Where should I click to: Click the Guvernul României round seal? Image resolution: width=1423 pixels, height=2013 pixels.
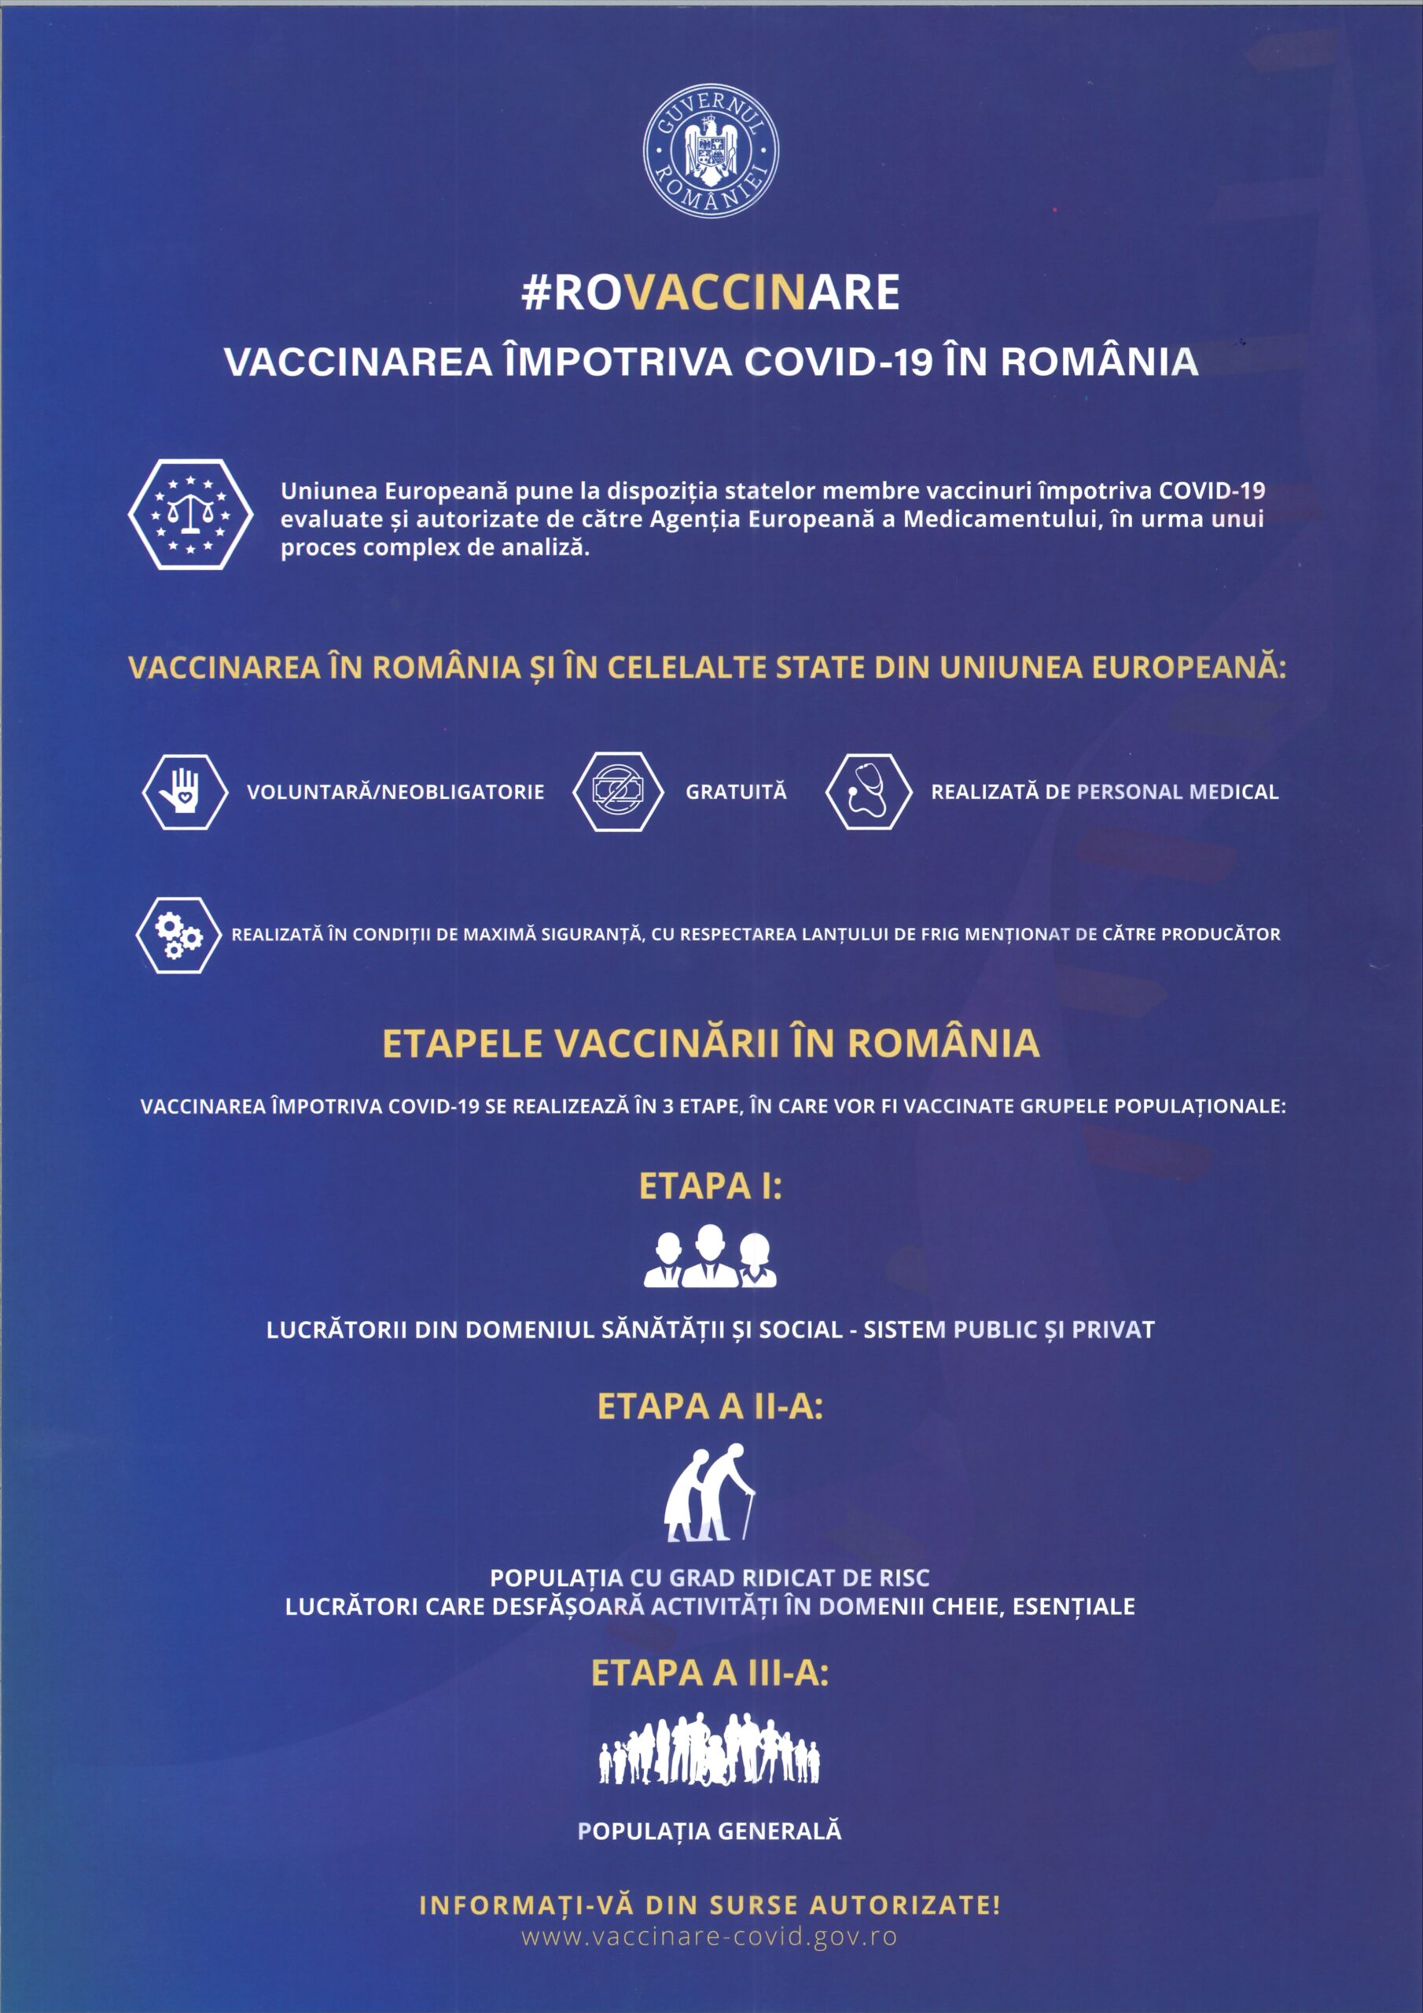click(710, 151)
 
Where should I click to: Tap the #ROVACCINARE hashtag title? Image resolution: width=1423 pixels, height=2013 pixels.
click(710, 292)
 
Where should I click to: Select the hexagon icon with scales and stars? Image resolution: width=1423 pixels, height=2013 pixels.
click(190, 514)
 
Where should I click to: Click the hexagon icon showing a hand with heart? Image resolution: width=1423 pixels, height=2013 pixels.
click(185, 792)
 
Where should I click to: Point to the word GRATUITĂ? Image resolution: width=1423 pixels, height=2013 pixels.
click(736, 792)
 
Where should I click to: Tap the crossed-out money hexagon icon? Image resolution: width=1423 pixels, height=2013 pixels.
click(617, 792)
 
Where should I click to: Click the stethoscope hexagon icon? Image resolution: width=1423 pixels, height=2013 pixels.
click(868, 792)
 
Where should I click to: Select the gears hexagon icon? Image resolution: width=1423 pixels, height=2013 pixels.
click(178, 935)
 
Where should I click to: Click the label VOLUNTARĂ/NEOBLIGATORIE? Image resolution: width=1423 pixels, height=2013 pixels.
click(395, 792)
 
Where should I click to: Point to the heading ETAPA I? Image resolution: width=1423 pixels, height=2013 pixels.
click(710, 1187)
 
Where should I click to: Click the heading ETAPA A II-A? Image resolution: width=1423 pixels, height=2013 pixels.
click(710, 1406)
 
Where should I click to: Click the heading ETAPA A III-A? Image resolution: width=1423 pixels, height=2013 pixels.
click(710, 1673)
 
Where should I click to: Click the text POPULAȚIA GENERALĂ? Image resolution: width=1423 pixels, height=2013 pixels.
click(710, 1831)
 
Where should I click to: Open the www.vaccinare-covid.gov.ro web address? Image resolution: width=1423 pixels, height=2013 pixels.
click(710, 1937)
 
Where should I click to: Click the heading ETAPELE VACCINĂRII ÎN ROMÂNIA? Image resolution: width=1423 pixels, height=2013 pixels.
click(710, 1043)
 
